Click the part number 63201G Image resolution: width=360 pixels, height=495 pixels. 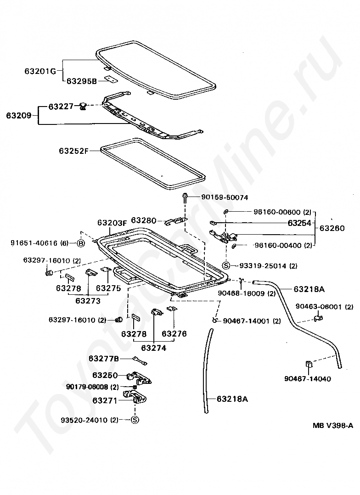point(40,71)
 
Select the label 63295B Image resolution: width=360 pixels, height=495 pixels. point(82,81)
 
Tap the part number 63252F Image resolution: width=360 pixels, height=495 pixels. point(73,150)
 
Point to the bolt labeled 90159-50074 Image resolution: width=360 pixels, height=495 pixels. point(185,197)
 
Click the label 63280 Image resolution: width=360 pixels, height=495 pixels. point(144,220)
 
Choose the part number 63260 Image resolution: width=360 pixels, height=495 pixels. point(332,228)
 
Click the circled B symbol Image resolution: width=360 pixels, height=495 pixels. point(81,243)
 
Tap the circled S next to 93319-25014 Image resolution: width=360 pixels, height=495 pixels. point(226,265)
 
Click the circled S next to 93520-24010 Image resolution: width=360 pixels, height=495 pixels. point(135,419)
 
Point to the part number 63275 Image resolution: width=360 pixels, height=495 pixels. point(108,288)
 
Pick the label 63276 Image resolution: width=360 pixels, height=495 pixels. point(174,334)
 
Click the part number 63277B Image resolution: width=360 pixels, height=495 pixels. point(103,358)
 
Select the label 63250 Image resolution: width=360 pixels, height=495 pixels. point(105,375)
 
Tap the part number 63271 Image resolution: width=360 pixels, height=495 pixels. point(105,400)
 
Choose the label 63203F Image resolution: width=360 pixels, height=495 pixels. point(112,223)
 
